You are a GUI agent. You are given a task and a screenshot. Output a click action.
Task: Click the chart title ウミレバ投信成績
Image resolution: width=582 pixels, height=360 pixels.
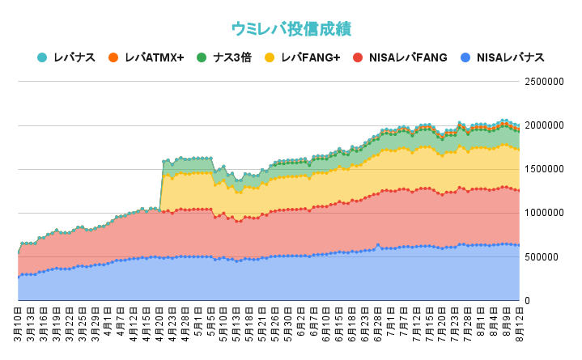(x=291, y=28)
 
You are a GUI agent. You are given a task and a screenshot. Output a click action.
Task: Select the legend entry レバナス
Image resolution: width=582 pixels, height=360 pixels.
(x=74, y=57)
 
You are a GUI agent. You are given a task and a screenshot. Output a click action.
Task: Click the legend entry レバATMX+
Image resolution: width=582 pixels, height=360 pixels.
(x=154, y=57)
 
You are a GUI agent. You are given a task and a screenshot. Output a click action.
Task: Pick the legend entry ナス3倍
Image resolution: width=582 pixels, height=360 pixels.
(x=234, y=57)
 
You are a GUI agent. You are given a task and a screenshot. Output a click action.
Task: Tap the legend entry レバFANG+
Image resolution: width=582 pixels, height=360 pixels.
(x=310, y=57)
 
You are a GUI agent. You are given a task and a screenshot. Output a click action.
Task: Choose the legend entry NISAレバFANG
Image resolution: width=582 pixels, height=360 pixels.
(x=407, y=57)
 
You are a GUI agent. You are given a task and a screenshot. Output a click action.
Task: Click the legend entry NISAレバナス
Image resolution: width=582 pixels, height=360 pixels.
(x=510, y=57)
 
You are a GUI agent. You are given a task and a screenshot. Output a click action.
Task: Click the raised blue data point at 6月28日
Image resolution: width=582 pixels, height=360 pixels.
(x=377, y=244)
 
